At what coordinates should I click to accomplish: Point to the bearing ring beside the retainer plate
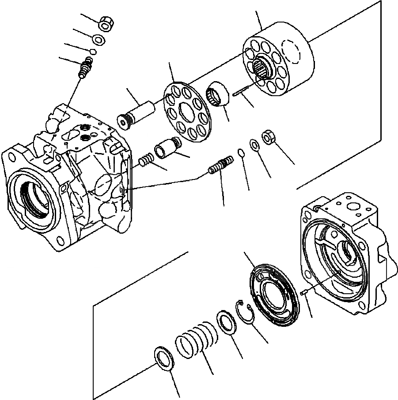point(218,93)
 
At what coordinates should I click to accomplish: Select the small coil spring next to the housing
point(146,159)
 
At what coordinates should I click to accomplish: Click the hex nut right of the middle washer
point(269,137)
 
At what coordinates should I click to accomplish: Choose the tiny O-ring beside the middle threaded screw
point(241,153)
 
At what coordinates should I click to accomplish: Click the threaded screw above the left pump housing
point(85,68)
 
